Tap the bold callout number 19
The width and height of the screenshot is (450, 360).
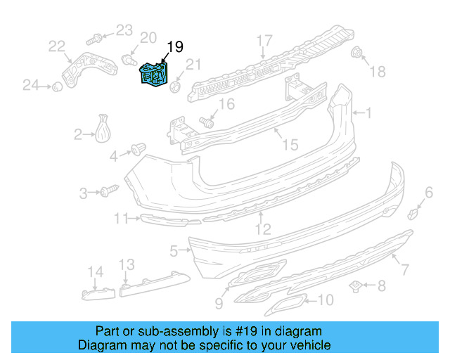click(x=174, y=47)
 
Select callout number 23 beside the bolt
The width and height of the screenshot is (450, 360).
click(x=124, y=30)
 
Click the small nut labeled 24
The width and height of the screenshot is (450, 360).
click(x=53, y=86)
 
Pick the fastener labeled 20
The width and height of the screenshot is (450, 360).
click(x=129, y=60)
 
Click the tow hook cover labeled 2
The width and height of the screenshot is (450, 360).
click(x=106, y=131)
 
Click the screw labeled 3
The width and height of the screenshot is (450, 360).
click(x=110, y=191)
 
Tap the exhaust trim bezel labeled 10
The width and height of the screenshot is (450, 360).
click(x=289, y=304)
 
